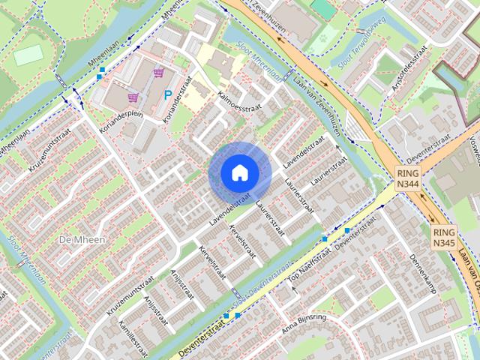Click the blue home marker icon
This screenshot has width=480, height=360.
point(239,172)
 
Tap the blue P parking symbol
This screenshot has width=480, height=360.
point(168,95)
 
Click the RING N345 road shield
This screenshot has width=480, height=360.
point(443,238)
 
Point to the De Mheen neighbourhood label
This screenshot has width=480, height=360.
point(80,239)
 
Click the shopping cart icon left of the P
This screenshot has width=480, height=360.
point(133,97)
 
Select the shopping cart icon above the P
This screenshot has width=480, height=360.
point(158,73)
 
